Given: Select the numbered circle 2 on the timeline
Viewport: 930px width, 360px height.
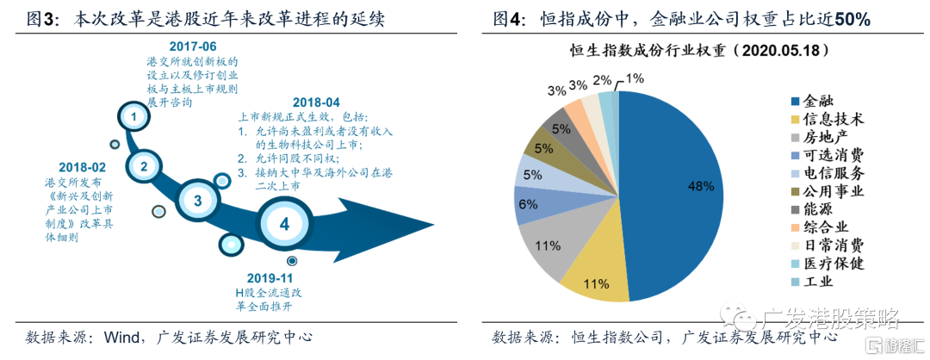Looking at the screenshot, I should click(x=145, y=166).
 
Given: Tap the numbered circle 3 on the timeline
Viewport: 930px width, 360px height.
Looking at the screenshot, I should click(x=198, y=202).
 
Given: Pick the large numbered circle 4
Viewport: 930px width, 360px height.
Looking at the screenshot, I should click(x=285, y=224).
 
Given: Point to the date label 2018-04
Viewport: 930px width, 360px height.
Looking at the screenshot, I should click(x=316, y=101).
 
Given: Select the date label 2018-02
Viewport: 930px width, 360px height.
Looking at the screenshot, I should click(x=81, y=167).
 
